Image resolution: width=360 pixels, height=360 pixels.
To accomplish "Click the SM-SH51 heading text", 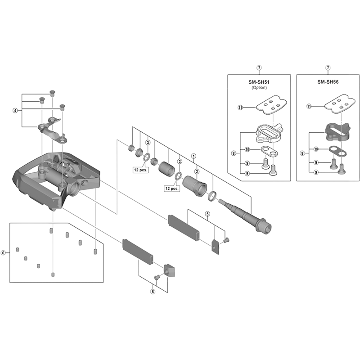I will point(259,82).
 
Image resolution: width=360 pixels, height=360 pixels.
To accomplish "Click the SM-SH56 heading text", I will point(327,82).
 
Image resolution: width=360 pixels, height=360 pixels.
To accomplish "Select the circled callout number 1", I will point(194,157).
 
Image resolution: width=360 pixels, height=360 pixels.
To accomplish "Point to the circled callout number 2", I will point(197,171).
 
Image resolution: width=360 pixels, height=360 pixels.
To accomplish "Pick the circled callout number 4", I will point(15,110).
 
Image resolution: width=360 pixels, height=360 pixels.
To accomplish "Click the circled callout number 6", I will point(3,253).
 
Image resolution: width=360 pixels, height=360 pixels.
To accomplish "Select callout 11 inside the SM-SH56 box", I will point(309,107).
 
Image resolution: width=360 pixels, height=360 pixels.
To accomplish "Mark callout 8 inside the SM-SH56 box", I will point(302,153).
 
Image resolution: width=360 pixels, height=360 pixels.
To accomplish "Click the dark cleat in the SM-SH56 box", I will point(338,130).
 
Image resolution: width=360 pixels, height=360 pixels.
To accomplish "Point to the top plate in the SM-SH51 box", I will point(270,105).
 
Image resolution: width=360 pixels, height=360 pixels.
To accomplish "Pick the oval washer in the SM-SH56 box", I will point(337,150).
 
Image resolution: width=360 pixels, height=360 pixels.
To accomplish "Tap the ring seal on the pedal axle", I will point(212,195).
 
